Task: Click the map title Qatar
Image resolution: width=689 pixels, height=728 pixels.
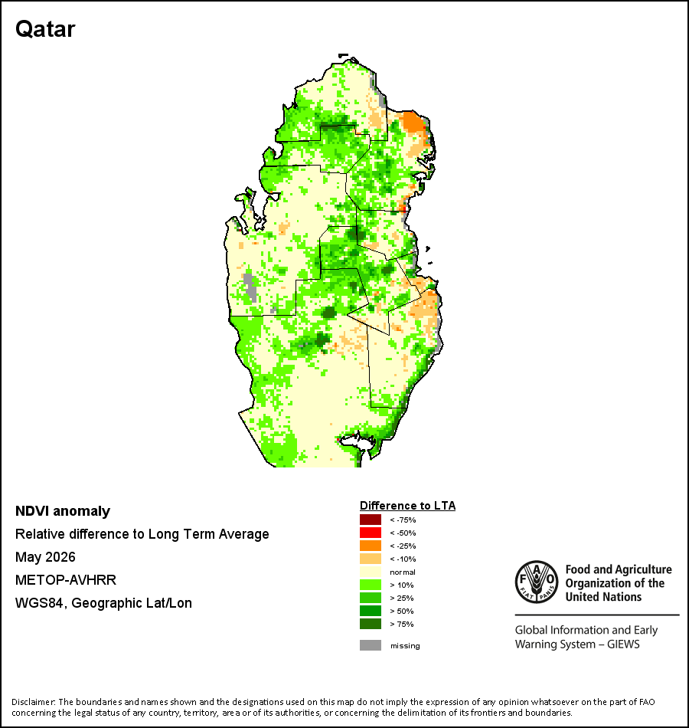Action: tap(45, 29)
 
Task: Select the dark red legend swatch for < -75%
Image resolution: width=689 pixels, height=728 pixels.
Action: tap(371, 520)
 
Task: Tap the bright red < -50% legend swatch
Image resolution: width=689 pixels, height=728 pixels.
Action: tap(371, 533)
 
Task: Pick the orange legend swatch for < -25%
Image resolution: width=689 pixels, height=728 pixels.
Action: tap(371, 546)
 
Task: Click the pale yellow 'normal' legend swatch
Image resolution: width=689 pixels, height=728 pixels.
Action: tap(371, 572)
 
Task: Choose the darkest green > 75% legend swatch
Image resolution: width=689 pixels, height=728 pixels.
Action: tap(371, 624)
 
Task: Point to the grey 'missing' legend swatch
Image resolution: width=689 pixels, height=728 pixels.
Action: tap(371, 645)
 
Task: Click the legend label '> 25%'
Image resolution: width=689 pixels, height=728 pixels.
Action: tap(402, 598)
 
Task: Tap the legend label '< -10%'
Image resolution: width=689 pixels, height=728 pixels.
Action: tap(403, 559)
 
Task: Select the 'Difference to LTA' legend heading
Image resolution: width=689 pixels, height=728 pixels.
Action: tap(407, 506)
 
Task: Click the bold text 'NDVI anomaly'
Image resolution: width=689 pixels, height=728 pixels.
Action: tap(63, 511)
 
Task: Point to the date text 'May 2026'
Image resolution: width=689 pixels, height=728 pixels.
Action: tap(45, 557)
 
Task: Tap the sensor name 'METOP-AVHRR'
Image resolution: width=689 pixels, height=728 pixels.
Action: tap(65, 580)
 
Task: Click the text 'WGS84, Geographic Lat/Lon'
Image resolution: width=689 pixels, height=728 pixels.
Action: tap(103, 603)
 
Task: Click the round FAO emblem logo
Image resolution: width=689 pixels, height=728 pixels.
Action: tap(537, 582)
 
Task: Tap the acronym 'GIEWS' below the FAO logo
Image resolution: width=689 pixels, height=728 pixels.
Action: tap(624, 644)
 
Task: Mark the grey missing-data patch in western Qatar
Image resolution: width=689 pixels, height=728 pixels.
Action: tap(250, 287)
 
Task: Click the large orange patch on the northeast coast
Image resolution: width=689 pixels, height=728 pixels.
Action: tap(413, 122)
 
